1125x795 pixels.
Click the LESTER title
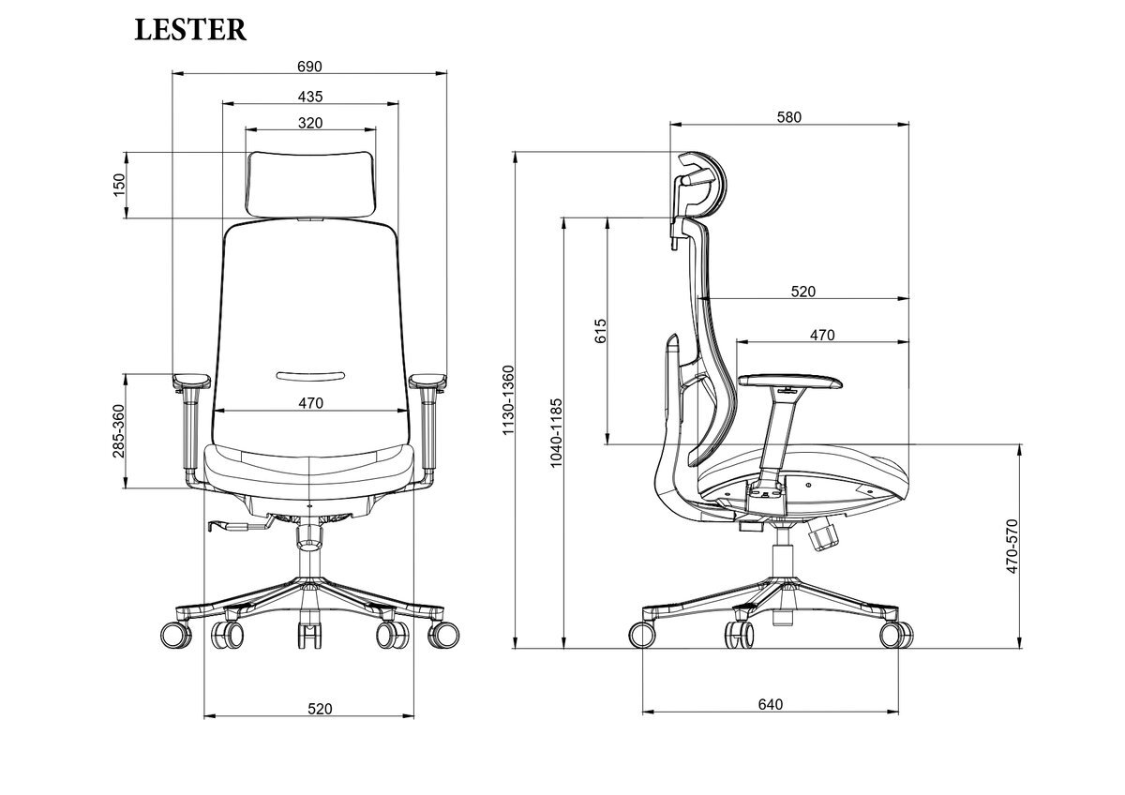click(x=190, y=30)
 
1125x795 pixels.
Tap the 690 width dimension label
click(x=309, y=67)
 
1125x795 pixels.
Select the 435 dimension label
click(x=310, y=97)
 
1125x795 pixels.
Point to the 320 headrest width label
click(x=310, y=123)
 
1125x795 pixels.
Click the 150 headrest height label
click(x=118, y=185)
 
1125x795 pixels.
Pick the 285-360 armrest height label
click(x=118, y=431)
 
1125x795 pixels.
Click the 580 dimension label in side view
click(x=789, y=117)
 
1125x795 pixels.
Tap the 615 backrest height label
click(x=600, y=331)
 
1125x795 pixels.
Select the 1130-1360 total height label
click(x=508, y=399)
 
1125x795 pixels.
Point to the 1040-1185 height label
click(x=556, y=433)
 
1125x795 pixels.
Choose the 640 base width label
click(x=771, y=705)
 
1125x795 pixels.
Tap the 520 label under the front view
click(x=320, y=709)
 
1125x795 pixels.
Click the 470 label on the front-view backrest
click(x=311, y=403)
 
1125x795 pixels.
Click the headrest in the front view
click(x=311, y=185)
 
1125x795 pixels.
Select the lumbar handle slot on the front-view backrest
click(x=310, y=376)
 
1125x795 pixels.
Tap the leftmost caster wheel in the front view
click(x=176, y=635)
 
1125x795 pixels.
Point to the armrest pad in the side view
click(x=790, y=382)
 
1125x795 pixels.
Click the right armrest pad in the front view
click(x=427, y=381)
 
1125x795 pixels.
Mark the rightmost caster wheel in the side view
click(x=896, y=635)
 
